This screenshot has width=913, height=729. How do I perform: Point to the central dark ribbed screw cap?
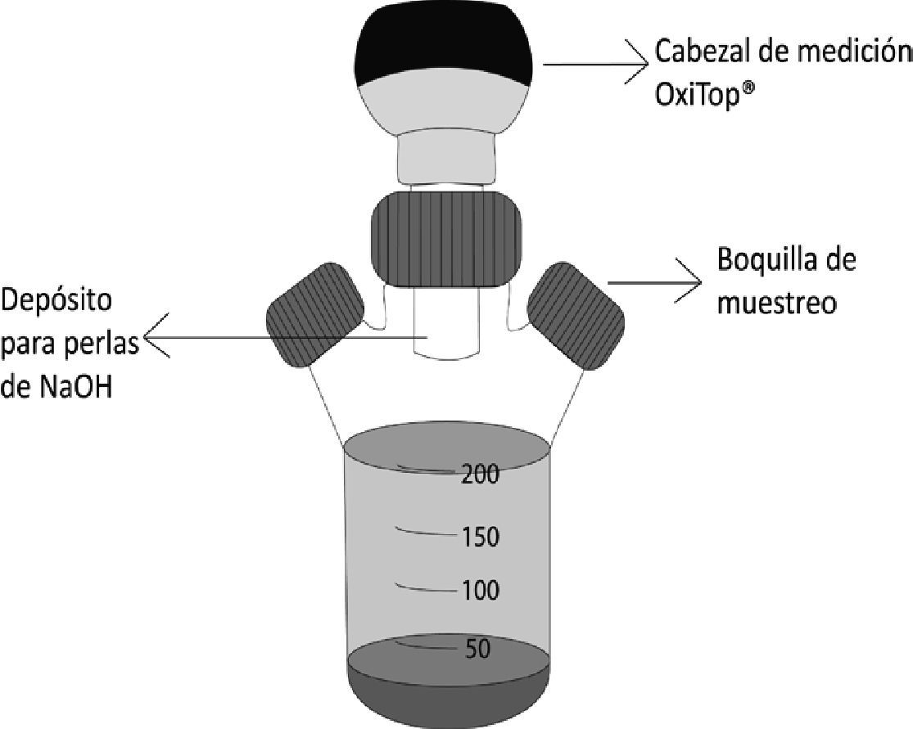(x=445, y=238)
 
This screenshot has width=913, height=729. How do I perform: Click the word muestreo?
(x=775, y=303)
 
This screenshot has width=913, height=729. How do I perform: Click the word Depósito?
(x=58, y=301)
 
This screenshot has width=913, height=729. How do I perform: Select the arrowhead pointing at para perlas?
(x=156, y=336)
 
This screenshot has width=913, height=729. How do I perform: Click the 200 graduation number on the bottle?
(x=480, y=473)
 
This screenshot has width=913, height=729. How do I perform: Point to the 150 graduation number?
(x=480, y=538)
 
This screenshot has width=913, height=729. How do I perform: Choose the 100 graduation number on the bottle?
(x=480, y=590)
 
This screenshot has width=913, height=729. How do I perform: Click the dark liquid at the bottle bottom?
(x=446, y=683)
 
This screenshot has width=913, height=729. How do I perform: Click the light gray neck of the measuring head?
(x=446, y=160)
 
